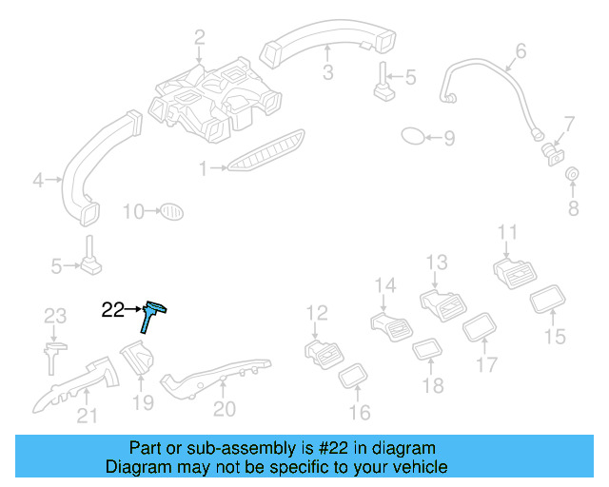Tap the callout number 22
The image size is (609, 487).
112,309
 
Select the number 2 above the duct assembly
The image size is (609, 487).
199,38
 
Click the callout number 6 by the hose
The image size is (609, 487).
521,50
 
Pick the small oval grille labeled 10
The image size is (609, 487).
169,210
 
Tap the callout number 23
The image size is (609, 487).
55,316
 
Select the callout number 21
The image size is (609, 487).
87,414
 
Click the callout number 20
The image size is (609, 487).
225,408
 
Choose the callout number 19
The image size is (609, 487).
142,403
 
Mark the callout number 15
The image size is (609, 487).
554,336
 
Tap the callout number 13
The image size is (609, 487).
436,262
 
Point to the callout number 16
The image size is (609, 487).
360,412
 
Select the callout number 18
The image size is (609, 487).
433,385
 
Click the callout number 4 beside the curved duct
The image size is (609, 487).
38,179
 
